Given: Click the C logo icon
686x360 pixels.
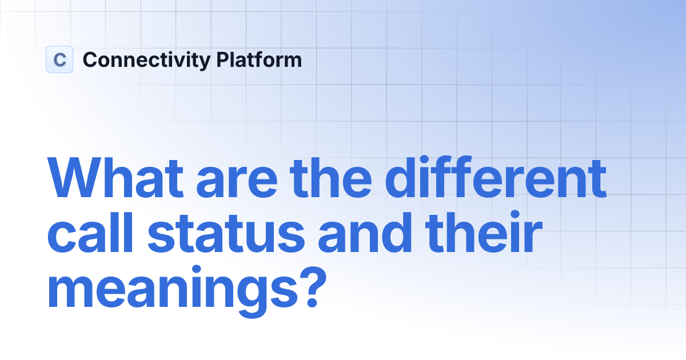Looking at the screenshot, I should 59,59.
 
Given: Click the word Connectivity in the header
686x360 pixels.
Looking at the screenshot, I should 146,60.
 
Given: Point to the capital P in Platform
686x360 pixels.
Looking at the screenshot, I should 222,60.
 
